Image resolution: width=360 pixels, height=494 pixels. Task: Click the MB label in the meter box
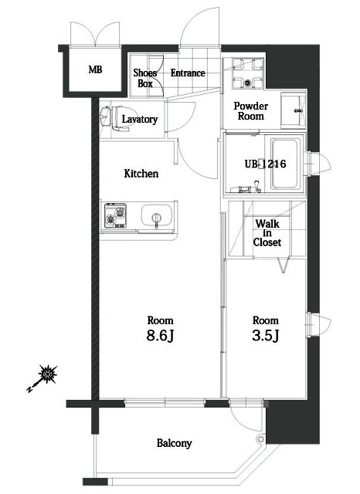95,69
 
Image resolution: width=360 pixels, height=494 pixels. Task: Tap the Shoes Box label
146,77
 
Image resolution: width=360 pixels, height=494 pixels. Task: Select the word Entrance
188,73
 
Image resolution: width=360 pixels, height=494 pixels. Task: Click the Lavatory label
141,120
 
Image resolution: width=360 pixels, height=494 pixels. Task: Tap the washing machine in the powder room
245,76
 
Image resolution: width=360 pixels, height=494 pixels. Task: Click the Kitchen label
141,174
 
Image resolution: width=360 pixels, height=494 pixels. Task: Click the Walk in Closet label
267,232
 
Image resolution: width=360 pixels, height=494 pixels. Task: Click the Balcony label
174,443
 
